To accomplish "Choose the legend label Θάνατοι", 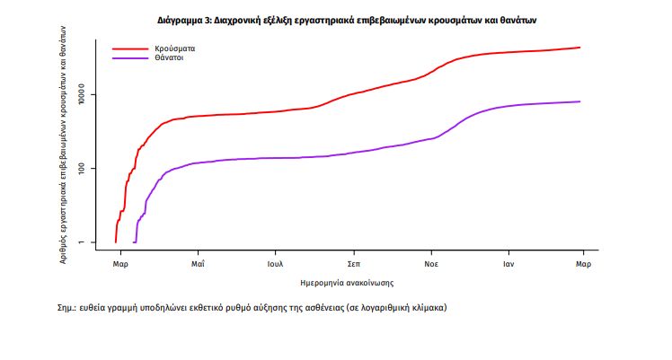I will pos(170,58).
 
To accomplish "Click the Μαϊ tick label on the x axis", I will pos(199,266).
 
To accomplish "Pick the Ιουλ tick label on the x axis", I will pos(276,266).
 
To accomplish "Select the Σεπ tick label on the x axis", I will pos(353,266).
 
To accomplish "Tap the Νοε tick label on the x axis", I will pos(430,266).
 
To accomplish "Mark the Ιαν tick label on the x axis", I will pos(508,266).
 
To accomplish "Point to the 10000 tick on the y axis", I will pos(82,94).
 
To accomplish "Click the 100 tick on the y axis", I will pos(82,169).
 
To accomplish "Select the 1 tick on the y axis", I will pos(82,242).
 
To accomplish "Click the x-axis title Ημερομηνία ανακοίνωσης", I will pos(347,283).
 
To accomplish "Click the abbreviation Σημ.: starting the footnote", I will pos(67,308).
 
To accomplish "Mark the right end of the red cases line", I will pos(580,48).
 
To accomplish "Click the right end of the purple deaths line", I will pos(580,101).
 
